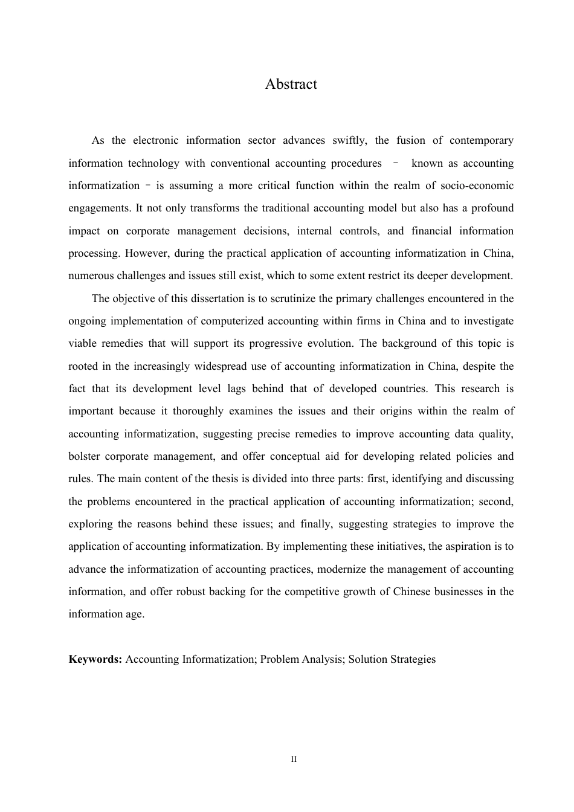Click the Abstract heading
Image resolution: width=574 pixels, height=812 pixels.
[291, 84]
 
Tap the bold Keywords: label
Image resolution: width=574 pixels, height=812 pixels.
[95, 659]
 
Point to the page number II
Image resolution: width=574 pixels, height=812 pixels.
[294, 759]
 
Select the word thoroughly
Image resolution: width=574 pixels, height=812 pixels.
[198, 411]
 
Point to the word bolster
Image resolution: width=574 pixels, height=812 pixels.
[85, 457]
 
